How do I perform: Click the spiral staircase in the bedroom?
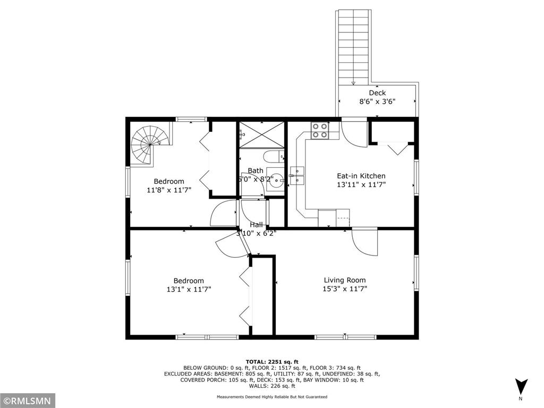(150, 142)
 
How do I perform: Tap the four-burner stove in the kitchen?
(319, 131)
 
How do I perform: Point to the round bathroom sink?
(275, 180)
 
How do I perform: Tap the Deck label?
(377, 93)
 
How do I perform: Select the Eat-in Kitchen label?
(361, 176)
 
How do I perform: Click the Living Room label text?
(345, 280)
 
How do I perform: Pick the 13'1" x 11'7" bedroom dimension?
(189, 290)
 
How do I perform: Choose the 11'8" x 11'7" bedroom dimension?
(169, 190)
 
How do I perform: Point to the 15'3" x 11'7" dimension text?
(345, 289)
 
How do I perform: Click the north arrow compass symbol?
(521, 386)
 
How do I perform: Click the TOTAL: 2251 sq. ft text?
(272, 361)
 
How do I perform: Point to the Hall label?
(256, 225)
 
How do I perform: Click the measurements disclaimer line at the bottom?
(272, 397)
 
